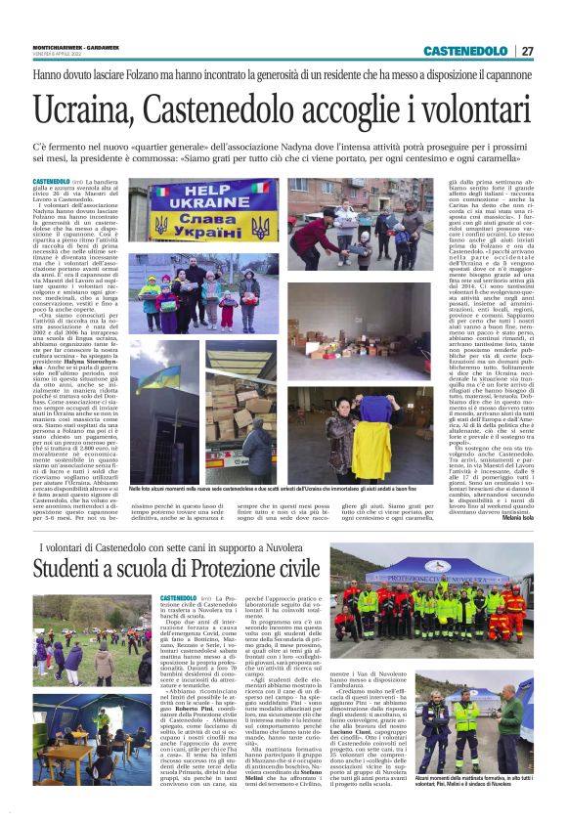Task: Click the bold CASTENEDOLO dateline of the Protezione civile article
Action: (x=181, y=598)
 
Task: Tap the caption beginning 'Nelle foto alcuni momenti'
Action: (x=264, y=485)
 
